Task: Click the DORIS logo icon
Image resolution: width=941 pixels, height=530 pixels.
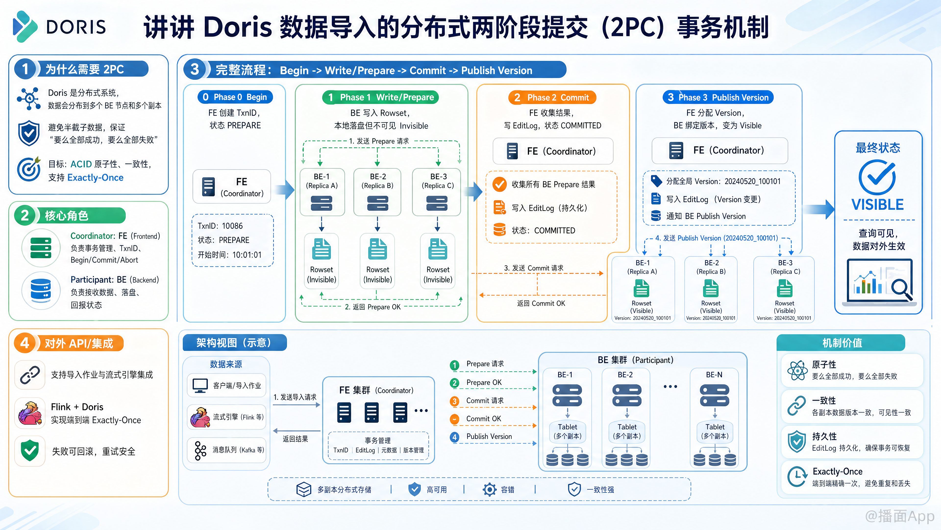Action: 25,26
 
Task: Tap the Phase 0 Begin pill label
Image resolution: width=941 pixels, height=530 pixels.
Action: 235,97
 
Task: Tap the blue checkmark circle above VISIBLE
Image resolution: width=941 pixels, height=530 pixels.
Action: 877,178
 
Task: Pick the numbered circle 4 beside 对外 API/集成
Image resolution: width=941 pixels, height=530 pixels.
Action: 25,343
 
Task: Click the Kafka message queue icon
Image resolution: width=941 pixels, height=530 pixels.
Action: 200,450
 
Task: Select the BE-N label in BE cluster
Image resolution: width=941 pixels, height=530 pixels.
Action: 714,374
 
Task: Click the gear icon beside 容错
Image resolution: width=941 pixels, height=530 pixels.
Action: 490,490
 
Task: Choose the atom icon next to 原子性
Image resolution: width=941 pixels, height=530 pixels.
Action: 797,371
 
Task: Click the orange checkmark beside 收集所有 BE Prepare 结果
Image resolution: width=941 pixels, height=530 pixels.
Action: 499,184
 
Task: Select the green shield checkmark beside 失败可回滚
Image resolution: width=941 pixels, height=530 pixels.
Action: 30,451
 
